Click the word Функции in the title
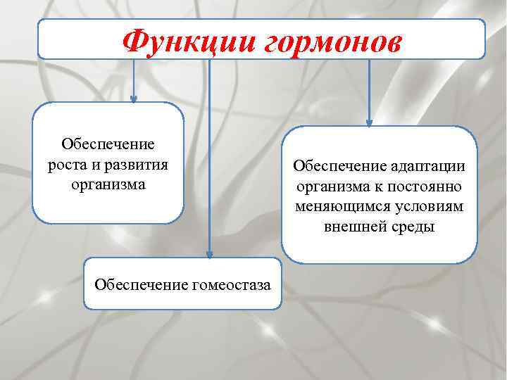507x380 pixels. click(x=188, y=42)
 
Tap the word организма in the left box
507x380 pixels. click(x=108, y=184)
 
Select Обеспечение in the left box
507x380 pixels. click(x=108, y=144)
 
